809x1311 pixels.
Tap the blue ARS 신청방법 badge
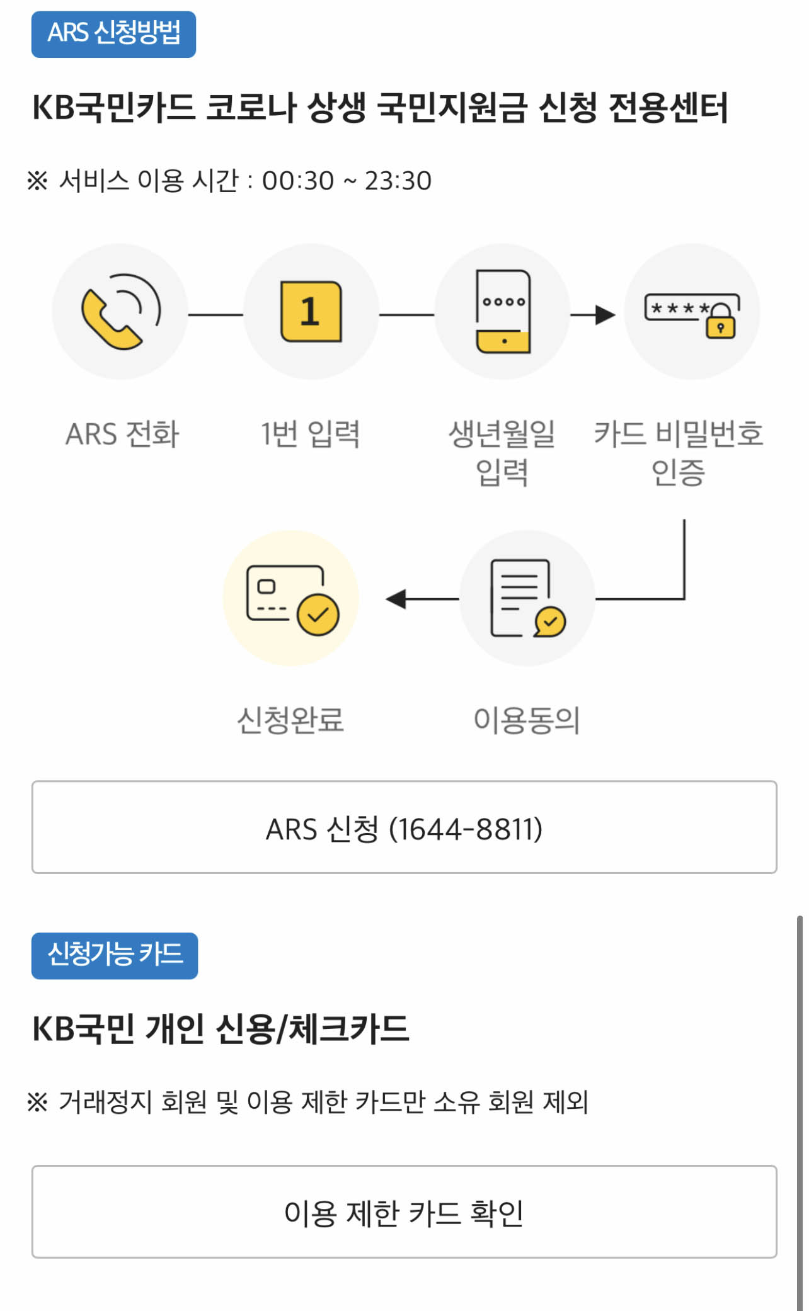click(x=113, y=34)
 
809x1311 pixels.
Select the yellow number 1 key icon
click(x=311, y=312)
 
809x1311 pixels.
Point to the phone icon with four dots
click(x=503, y=312)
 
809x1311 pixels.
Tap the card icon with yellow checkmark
click(x=292, y=599)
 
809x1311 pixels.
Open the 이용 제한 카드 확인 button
click(x=404, y=1212)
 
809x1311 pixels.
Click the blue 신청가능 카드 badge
click(x=115, y=955)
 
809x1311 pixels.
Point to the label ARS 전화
click(x=122, y=434)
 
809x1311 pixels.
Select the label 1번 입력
click(x=311, y=434)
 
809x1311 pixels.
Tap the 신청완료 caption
click(x=290, y=720)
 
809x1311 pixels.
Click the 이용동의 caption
click(x=527, y=720)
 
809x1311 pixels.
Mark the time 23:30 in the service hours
click(x=398, y=181)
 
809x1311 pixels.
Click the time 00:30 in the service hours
click(x=297, y=181)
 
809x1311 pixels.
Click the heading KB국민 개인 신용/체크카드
click(x=221, y=1030)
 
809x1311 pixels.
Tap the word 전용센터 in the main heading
click(x=668, y=107)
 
